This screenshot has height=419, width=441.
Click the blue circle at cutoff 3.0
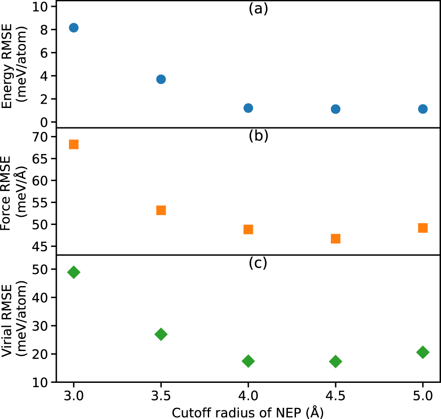click(74, 28)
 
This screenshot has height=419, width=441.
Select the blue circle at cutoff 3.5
click(161, 79)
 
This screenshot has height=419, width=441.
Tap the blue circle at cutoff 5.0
click(422, 109)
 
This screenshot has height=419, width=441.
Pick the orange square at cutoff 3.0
click(74, 144)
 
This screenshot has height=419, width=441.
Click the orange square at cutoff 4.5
click(336, 238)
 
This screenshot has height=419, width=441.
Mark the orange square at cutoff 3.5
click(161, 210)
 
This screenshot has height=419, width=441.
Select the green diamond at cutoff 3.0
click(74, 272)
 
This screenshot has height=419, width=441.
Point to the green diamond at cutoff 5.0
click(422, 352)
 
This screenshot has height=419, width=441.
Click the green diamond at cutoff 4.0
click(248, 361)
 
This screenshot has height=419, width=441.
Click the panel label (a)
click(258, 9)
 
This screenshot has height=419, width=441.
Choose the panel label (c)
click(258, 263)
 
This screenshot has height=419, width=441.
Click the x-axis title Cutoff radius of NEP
click(248, 412)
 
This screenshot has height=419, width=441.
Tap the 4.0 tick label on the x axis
click(248, 395)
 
